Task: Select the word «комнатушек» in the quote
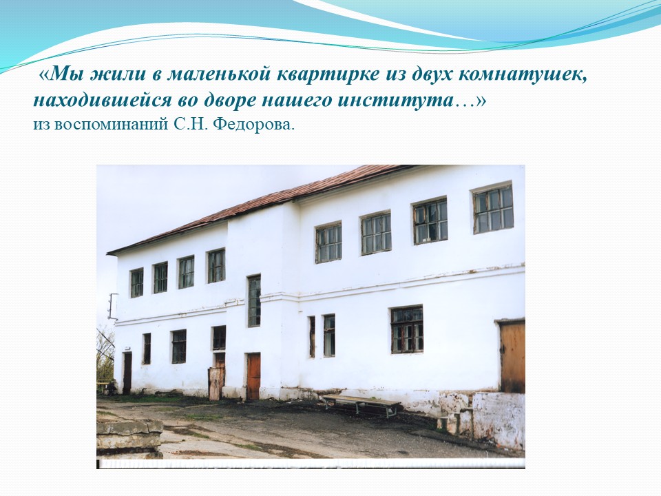522,75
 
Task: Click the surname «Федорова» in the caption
253,125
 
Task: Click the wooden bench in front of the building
361,404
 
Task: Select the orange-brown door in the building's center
253,376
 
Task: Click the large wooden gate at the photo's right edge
512,357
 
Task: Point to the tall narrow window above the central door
254,301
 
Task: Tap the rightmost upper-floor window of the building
493,208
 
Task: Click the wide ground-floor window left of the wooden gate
407,329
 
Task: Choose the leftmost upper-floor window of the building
136,282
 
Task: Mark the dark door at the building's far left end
127,373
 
